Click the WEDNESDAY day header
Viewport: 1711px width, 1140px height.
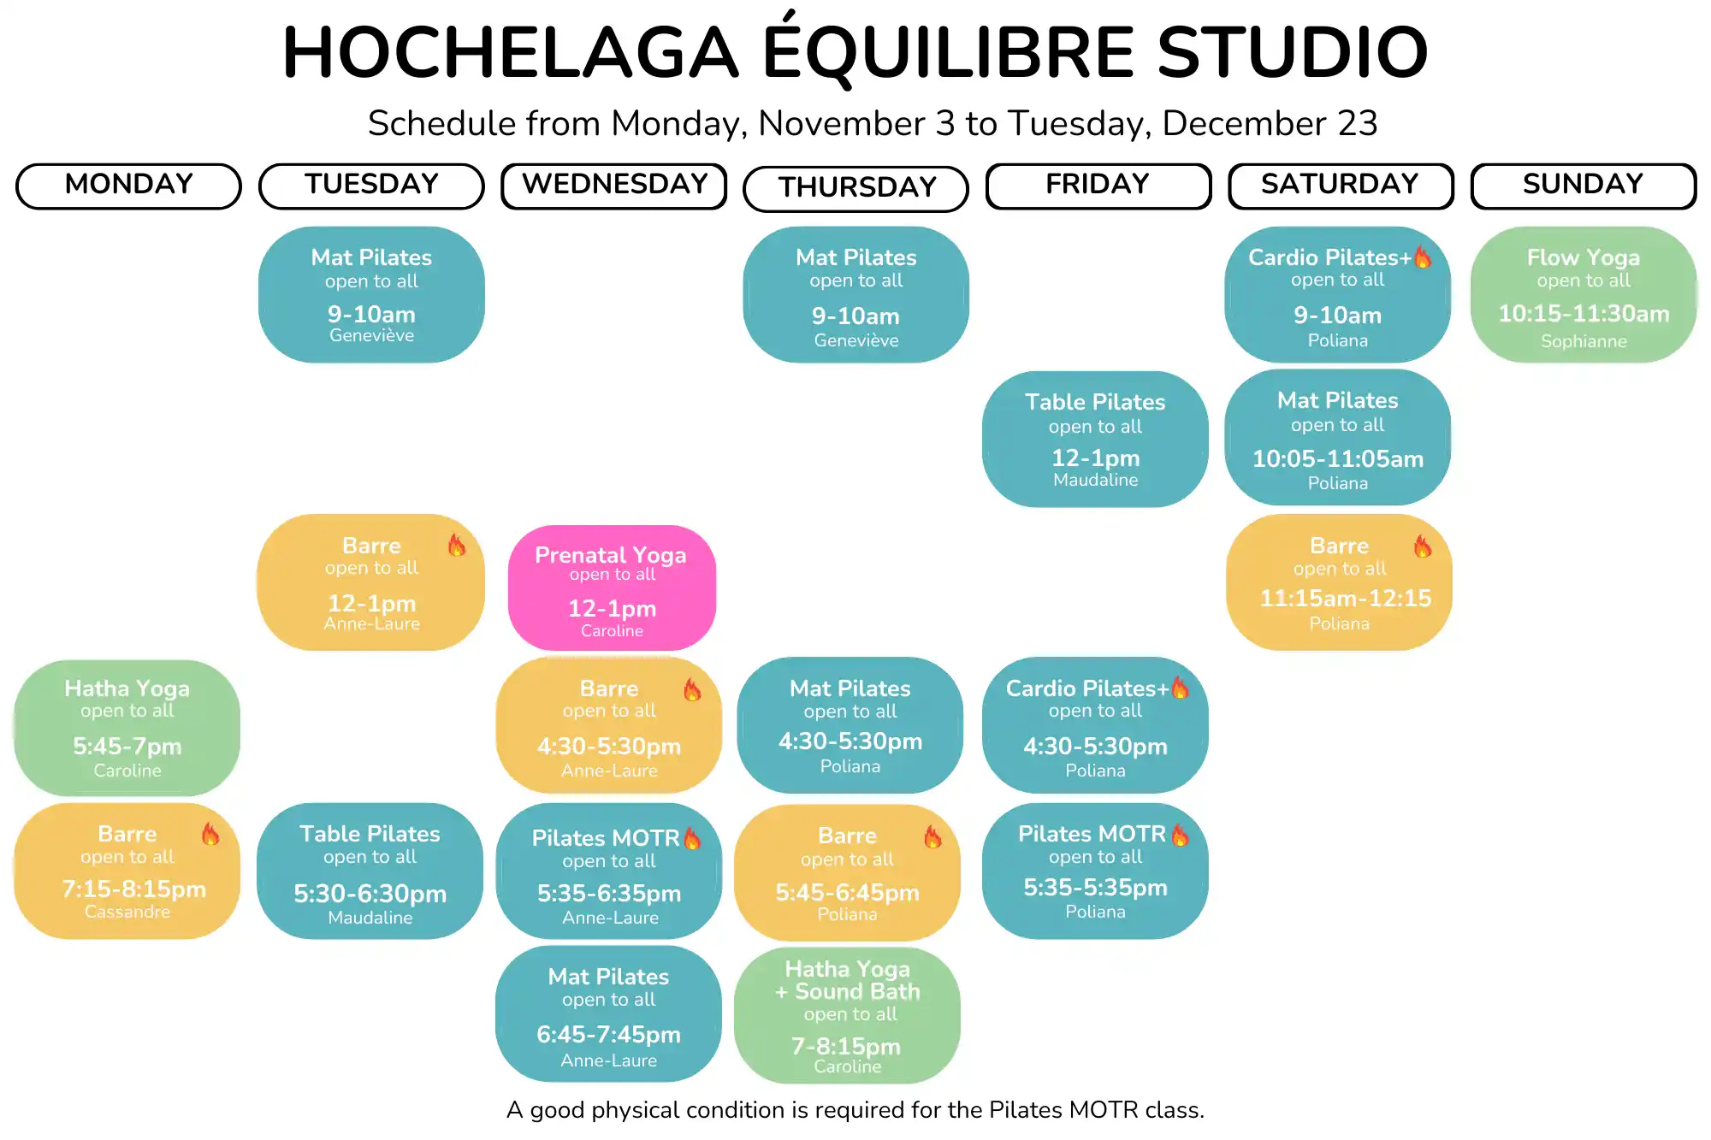point(614,186)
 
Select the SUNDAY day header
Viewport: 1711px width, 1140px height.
point(1584,186)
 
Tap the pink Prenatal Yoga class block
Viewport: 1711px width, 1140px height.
point(612,588)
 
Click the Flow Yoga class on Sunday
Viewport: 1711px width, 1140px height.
point(1584,295)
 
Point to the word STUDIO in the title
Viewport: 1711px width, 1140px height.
point(1293,52)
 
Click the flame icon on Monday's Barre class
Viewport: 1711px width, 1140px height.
point(210,833)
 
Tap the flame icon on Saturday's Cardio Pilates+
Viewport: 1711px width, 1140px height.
point(1423,257)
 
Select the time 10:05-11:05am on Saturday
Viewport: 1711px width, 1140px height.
point(1338,459)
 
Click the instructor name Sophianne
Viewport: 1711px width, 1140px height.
point(1584,341)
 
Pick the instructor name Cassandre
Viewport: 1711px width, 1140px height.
point(127,912)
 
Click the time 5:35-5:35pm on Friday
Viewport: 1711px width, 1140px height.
point(1095,888)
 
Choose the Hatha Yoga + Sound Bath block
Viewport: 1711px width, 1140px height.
point(847,1015)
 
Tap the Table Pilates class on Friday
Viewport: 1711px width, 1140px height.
point(1095,439)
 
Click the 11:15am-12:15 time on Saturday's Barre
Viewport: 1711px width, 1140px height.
point(1345,598)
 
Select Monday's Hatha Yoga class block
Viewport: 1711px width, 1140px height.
point(127,728)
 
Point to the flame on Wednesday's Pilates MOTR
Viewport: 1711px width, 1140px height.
point(692,838)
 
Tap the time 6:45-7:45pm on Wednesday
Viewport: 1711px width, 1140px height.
point(608,1035)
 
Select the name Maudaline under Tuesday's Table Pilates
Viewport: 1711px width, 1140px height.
point(370,918)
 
